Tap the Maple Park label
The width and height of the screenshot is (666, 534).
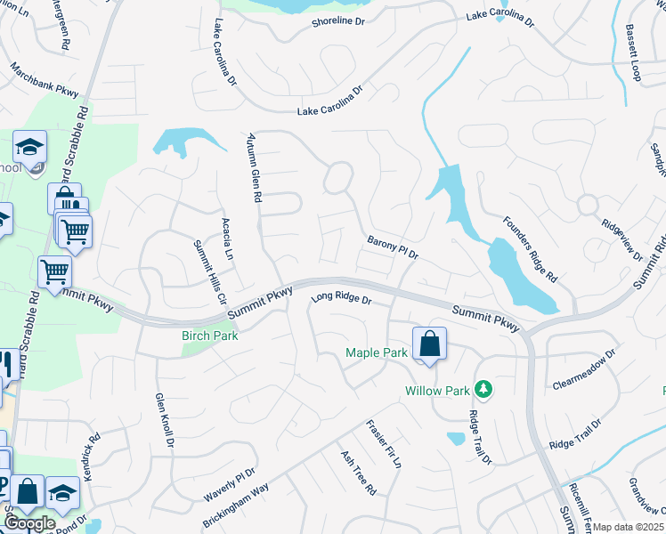[x=376, y=353]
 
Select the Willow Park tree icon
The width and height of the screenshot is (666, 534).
[x=483, y=389]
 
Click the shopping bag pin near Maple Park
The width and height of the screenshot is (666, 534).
[x=429, y=344]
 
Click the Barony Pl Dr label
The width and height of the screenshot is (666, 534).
[x=393, y=247]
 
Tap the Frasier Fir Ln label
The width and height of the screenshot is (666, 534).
[x=385, y=445]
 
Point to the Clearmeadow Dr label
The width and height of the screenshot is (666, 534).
[x=584, y=369]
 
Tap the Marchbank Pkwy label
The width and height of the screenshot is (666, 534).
[x=45, y=78]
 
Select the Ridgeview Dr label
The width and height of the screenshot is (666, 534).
[x=622, y=241]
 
